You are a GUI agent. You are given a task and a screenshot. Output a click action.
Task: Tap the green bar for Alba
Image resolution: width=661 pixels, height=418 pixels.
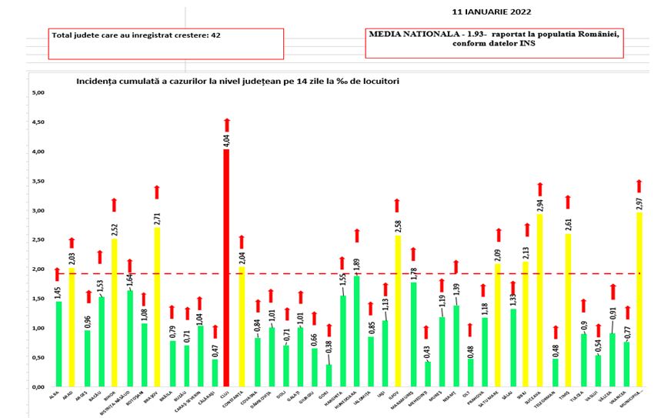[x=59, y=343]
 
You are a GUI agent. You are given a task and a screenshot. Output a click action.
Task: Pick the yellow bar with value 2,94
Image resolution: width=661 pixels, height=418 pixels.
[x=539, y=299]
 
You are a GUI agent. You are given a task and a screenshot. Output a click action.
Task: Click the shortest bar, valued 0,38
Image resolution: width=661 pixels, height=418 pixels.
[x=329, y=375]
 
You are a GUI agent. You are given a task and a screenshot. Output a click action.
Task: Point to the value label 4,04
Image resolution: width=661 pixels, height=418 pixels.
[x=226, y=140]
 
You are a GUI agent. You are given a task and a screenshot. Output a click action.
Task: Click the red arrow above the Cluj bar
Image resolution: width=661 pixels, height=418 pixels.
[x=226, y=125]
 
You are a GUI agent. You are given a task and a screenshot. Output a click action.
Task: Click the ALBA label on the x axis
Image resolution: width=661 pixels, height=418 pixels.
[x=58, y=395]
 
